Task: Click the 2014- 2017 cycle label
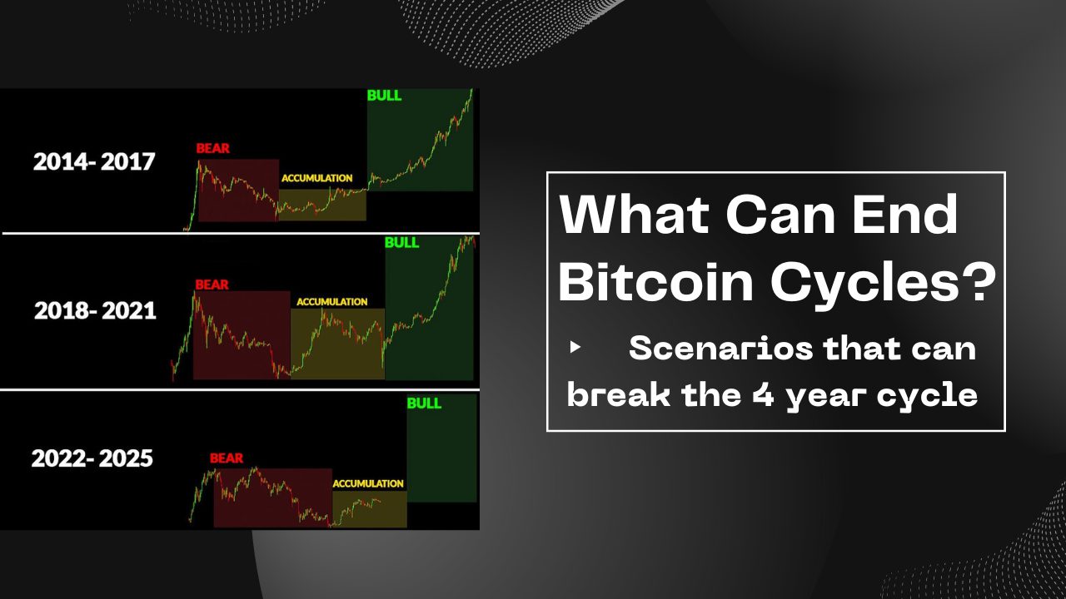94,161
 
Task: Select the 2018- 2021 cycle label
95,311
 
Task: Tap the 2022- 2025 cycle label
92,458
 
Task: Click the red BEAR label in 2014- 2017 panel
212,149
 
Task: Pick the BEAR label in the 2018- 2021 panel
212,285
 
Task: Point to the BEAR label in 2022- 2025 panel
227,458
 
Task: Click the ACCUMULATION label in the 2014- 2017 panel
316,178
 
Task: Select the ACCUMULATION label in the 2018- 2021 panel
331,302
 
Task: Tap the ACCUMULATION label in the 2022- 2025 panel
368,483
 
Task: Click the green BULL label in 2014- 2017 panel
384,96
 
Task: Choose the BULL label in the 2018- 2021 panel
402,244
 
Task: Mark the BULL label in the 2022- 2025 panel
424,403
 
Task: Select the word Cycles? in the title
883,283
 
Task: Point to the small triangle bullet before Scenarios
575,348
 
